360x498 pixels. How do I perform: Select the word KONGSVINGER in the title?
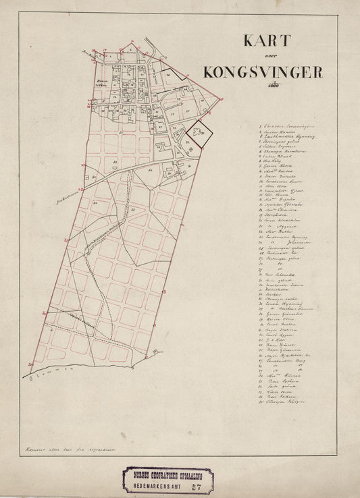pyautogui.click(x=263, y=72)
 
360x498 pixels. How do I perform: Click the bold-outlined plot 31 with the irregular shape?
pyautogui.click(x=199, y=131)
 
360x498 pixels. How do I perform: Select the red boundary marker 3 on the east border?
pyautogui.click(x=163, y=292)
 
